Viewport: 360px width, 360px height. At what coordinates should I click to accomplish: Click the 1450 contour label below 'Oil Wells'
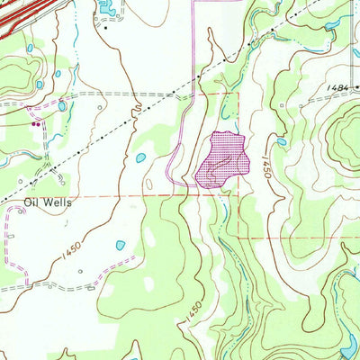[x=71, y=246]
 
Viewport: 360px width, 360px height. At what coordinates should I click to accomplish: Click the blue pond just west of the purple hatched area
[x=140, y=158]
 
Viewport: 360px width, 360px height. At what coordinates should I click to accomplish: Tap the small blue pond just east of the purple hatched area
[x=280, y=141]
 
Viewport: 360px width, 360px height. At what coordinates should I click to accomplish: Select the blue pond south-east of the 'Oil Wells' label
[x=120, y=245]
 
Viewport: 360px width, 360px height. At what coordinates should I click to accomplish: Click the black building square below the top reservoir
[x=105, y=28]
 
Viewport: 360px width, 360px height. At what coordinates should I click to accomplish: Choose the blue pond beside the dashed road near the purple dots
[x=61, y=105]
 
